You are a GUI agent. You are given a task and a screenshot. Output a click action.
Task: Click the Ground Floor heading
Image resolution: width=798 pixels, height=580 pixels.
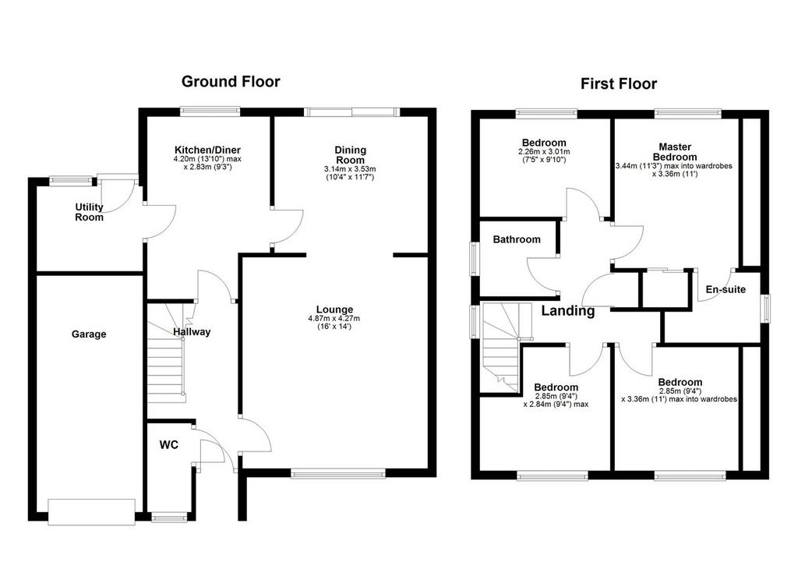point(231,82)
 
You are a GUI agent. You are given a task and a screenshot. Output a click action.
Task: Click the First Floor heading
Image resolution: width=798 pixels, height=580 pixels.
point(618,83)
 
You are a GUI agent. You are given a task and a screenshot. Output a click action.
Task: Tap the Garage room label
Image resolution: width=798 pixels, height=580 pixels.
point(89,334)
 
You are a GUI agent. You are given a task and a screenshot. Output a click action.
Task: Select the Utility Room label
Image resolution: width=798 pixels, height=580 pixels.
point(89,212)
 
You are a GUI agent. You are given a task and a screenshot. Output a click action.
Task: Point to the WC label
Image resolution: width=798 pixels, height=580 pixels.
point(169,444)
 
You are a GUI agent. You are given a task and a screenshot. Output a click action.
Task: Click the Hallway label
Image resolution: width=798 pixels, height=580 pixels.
point(192,332)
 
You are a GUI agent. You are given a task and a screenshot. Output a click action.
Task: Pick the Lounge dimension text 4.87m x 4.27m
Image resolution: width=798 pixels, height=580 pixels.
point(334,319)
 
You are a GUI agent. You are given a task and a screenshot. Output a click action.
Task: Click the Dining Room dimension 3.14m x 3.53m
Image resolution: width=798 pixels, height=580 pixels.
point(350,169)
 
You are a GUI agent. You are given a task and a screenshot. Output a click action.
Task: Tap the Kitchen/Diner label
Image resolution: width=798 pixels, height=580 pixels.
point(207,150)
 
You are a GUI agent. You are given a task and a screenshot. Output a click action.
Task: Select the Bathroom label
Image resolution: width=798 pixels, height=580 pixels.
point(517,239)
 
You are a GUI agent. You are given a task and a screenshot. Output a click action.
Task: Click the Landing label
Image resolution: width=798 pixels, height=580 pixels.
point(567,310)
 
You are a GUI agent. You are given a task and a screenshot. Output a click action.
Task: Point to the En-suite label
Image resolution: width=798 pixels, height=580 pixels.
point(726,289)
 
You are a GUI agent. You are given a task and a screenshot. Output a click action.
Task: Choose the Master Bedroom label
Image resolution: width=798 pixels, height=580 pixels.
point(675,152)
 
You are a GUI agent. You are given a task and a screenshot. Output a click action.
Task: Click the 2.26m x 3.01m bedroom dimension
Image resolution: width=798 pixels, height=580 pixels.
point(544,152)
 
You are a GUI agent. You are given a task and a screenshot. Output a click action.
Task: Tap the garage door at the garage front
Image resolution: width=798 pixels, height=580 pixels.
point(92,511)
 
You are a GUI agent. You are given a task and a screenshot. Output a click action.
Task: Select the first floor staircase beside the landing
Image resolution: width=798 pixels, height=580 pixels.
point(502,347)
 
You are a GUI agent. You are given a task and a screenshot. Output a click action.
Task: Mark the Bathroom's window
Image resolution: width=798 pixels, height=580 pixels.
point(475,259)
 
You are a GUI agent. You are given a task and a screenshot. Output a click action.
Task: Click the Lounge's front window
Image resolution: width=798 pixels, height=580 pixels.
point(338,473)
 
